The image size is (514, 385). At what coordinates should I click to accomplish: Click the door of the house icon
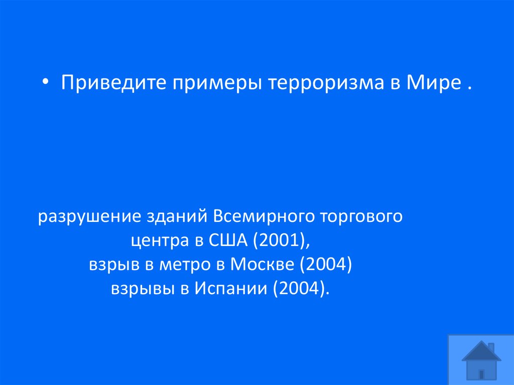pyautogui.click(x=481, y=373)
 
